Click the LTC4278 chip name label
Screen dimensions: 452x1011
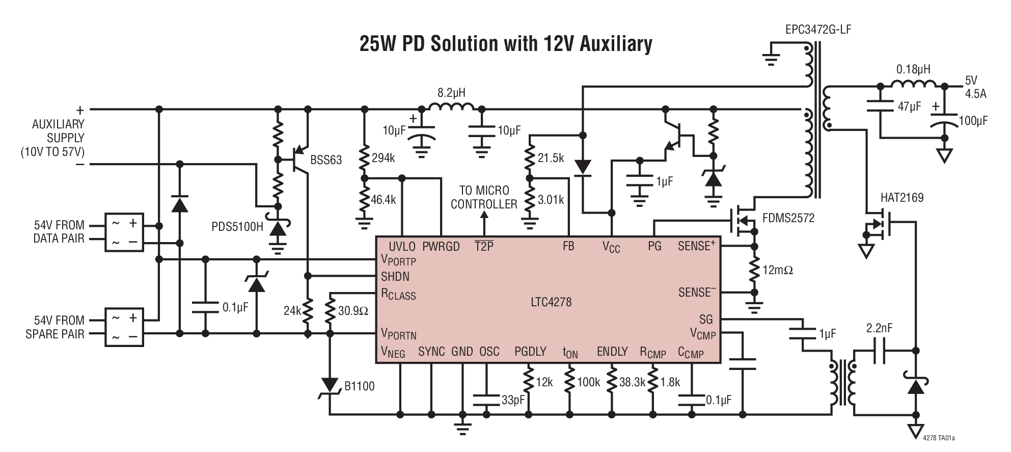coord(551,302)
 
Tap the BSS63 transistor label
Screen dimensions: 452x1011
coord(326,160)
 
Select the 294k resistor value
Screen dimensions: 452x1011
coord(383,158)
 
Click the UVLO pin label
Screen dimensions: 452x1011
coord(402,247)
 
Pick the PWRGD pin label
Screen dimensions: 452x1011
coord(441,247)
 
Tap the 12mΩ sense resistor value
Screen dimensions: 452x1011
coord(778,270)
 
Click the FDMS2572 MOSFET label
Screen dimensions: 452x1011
coord(788,219)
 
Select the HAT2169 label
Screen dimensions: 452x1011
coord(902,198)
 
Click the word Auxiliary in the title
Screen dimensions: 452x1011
coord(610,44)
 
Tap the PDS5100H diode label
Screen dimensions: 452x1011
coord(237,226)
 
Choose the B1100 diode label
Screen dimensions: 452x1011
coord(360,386)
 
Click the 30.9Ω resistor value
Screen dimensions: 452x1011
coord(353,310)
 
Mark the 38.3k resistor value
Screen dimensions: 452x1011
coord(632,382)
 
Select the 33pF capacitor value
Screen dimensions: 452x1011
coord(513,401)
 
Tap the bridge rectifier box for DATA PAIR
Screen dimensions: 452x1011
coord(124,232)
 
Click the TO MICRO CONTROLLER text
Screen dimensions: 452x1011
coord(484,197)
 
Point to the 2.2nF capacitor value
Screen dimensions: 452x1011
coord(879,329)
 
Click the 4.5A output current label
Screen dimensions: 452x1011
coord(975,94)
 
